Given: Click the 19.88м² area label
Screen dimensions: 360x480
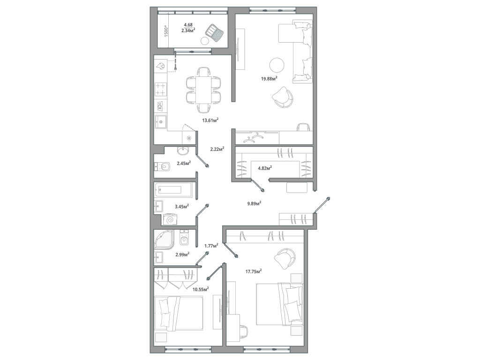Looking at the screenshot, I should point(269,78).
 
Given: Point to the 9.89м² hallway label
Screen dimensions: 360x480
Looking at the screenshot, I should point(254,203).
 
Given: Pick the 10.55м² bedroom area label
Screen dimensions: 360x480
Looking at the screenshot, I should point(201,289).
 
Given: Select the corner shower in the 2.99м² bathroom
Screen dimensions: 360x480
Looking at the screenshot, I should point(165,240).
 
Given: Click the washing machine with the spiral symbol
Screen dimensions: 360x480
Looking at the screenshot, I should point(171,219).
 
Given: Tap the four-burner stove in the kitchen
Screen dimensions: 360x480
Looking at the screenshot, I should point(160,89).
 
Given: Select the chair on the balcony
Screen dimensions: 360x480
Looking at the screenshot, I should point(216,33).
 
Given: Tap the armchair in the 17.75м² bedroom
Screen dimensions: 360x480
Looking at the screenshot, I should point(285,258).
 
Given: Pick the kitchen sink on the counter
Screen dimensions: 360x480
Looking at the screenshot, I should point(161,122).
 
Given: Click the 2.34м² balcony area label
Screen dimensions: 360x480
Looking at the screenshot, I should point(188,31).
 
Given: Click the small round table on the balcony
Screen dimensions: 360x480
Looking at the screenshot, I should point(205,41).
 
